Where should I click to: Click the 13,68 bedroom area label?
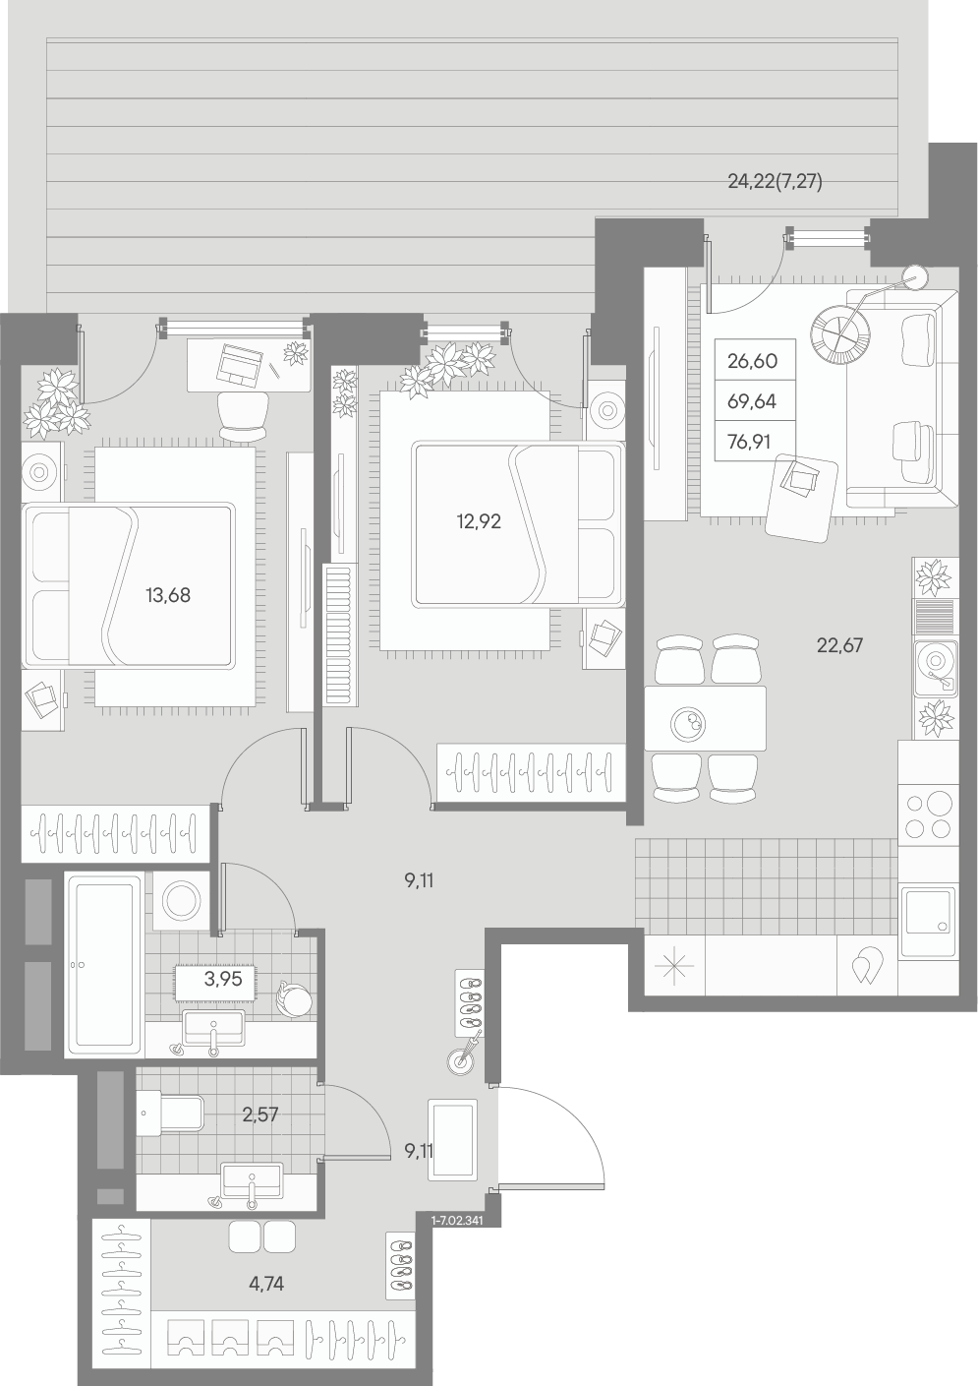click(x=167, y=595)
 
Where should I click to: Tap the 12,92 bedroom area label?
click(x=479, y=521)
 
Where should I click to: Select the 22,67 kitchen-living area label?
click(x=839, y=645)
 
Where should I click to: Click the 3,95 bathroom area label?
click(x=222, y=979)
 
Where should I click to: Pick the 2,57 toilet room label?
click(x=260, y=1115)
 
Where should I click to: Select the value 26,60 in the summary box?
click(x=752, y=361)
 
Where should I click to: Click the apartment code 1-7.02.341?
click(x=458, y=1221)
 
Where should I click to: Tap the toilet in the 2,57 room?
click(x=170, y=1115)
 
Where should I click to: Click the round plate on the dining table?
click(x=688, y=723)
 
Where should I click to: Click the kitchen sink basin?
click(x=928, y=922)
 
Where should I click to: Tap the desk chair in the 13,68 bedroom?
click(x=244, y=416)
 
